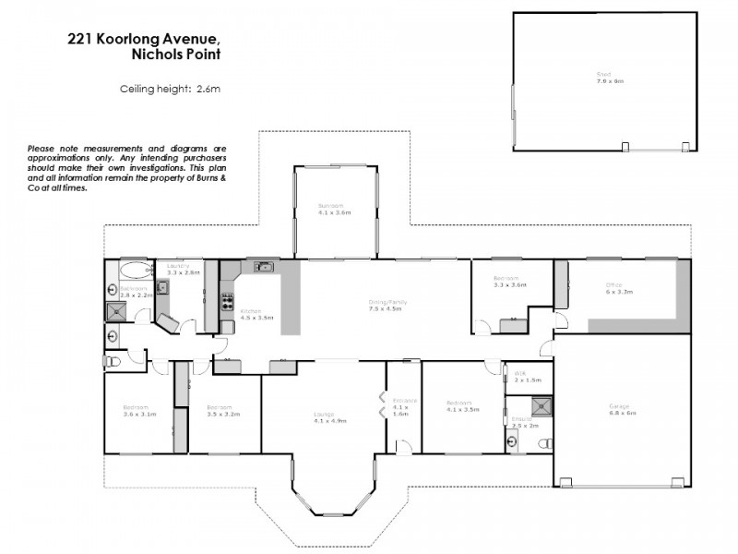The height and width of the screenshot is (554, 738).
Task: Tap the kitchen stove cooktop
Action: pos(227,301)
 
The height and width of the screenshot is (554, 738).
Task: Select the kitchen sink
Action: pos(264,268)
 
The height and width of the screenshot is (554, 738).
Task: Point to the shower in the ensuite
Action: pos(542,405)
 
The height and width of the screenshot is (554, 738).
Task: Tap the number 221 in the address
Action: pos(79,38)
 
